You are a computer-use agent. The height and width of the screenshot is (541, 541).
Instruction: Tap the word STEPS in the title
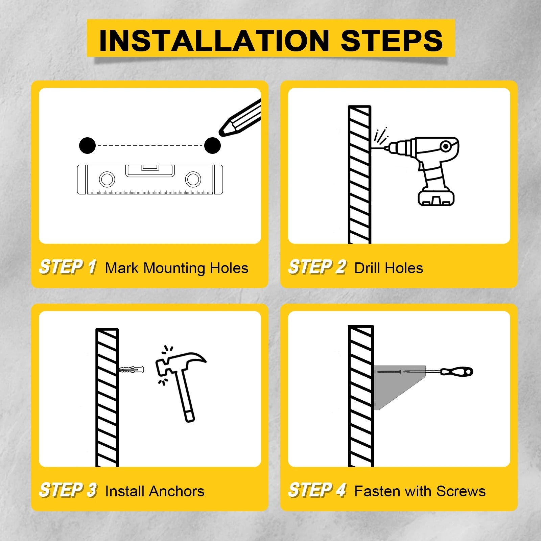point(392,41)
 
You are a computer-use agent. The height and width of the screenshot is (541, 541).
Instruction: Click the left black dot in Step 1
point(87,146)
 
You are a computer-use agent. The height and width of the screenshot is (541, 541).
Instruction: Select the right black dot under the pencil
point(212,146)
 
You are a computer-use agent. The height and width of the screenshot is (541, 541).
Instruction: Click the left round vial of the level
point(107,179)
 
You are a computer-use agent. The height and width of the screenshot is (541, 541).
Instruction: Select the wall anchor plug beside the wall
point(132,370)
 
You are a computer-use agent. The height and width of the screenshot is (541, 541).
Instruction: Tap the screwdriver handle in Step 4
point(456,372)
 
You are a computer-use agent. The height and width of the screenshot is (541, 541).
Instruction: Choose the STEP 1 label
point(68,267)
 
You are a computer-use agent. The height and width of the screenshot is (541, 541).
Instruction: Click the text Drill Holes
point(389,268)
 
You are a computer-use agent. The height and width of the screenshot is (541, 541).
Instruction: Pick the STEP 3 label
point(68,490)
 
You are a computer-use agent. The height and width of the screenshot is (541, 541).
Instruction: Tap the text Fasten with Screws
point(420,491)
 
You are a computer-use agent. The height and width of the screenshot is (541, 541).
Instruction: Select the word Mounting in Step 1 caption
point(174,268)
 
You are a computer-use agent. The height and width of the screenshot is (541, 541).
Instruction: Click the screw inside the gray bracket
point(389,372)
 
